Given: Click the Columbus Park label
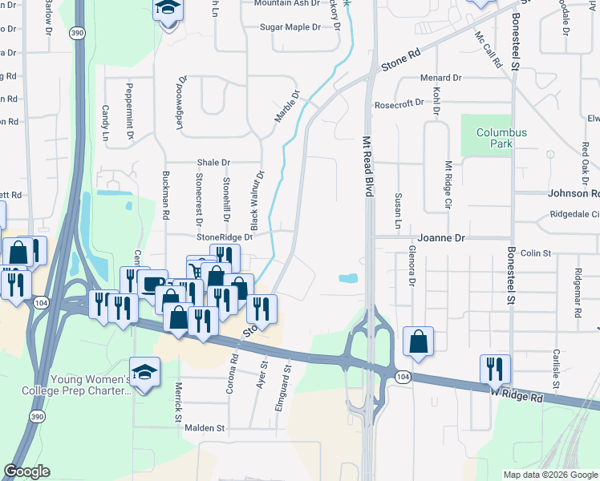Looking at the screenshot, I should (501, 138).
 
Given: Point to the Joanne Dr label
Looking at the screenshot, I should (441, 238).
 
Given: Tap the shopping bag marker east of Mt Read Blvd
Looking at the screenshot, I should (419, 342).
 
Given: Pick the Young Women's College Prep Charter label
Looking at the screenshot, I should (91, 385).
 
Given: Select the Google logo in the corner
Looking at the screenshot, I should (26, 471).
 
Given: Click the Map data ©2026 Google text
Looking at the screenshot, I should (550, 475).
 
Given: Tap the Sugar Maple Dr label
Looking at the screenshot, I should (290, 27).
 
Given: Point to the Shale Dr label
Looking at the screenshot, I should (213, 162).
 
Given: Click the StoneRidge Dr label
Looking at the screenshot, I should (225, 237).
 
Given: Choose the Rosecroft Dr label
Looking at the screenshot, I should (399, 103).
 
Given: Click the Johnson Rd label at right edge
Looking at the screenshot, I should (574, 193).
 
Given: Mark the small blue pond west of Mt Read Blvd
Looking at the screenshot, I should (348, 279).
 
